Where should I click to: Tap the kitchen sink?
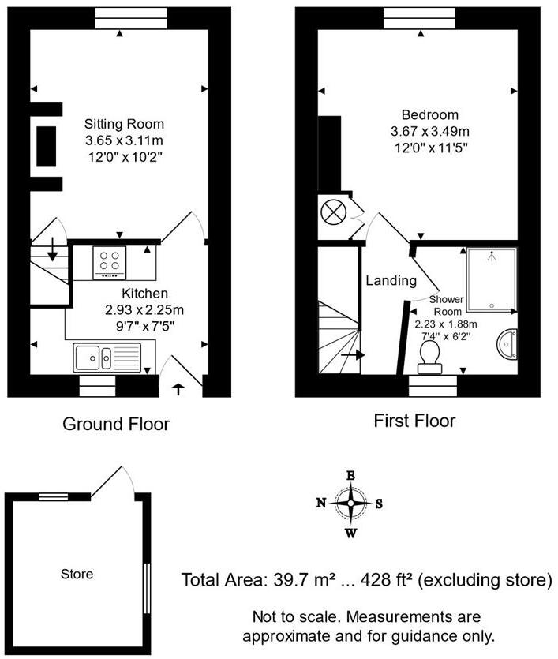point(107,358)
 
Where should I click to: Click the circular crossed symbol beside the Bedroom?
point(331,212)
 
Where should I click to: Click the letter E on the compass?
point(350,475)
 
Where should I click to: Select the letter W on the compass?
point(350,533)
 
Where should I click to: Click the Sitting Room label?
point(125,124)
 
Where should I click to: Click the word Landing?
point(391,280)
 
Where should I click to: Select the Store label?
point(77,574)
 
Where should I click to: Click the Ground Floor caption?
point(116,424)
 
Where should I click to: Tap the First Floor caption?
point(414,421)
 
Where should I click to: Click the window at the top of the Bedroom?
point(407,17)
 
